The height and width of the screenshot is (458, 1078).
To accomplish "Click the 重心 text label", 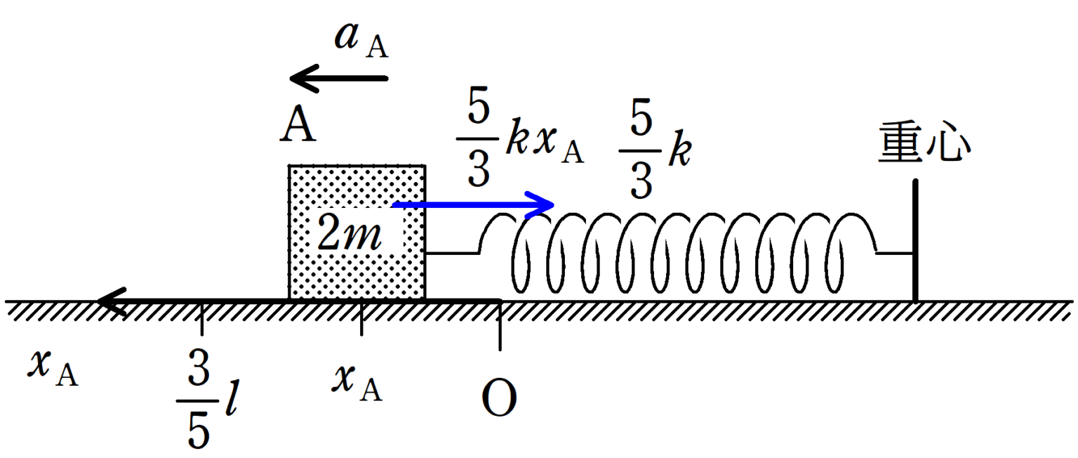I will pos(924,145).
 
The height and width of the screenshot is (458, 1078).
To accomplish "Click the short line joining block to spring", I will pos(452,253).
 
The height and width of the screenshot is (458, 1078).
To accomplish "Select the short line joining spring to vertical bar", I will pos(895,253).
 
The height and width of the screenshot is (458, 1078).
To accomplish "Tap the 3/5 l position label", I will pos(205,406).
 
